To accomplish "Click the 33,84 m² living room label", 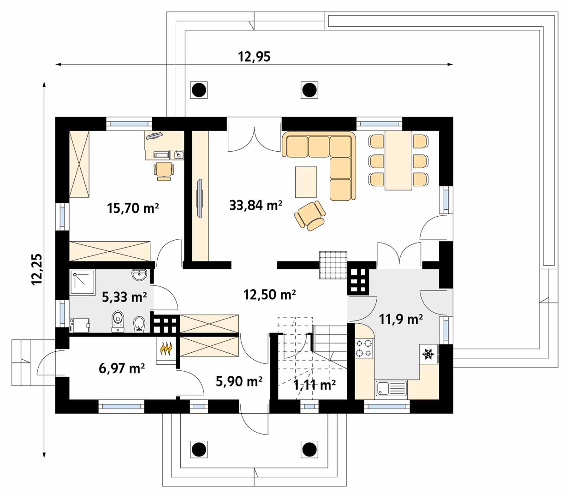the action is pos(255,206).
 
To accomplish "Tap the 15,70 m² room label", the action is pos(133,208).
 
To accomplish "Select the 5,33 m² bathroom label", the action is pos(124,297).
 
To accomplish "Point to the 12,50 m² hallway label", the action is pos(269,294).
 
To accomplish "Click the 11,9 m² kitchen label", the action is pos(401,320).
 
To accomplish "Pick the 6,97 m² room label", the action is pos(122,368).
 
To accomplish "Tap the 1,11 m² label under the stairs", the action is pos(314,385).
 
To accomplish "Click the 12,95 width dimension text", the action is pos(254,57).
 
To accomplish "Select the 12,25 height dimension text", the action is pos(37,269).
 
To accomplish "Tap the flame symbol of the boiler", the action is pos(166,349).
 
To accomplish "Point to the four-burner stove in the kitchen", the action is pos(364,348).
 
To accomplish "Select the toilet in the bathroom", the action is pos(118,322).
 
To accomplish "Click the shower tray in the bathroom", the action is pos(83,282).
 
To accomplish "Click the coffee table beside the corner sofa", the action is pos(306,182).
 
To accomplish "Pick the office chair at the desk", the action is pos(164,171).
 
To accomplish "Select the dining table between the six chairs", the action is pos(398,160).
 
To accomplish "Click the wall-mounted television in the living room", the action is pos(200,198).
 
